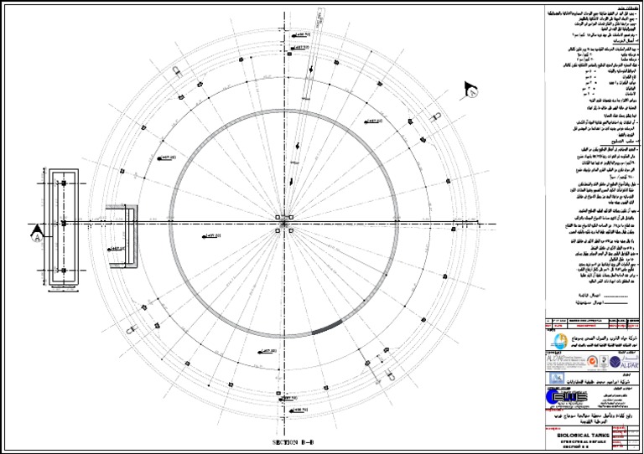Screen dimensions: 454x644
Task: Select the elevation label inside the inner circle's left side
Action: pyautogui.click(x=211, y=236)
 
